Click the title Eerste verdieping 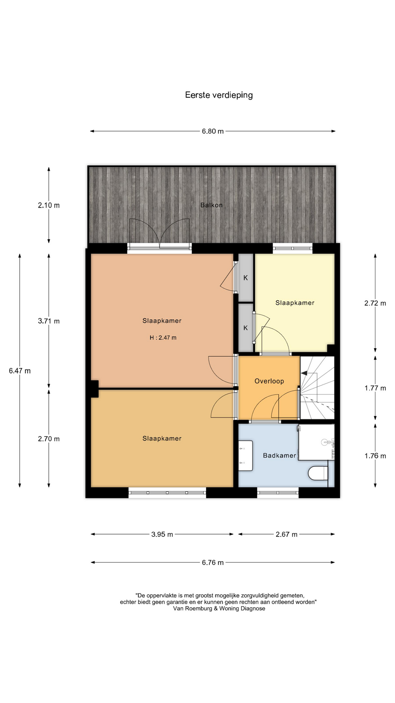click(219, 95)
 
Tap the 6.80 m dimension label click(212, 131)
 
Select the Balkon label click(211, 205)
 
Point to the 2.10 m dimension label click(49, 205)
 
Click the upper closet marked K click(246, 278)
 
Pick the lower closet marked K click(246, 328)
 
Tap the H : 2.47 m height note click(163, 338)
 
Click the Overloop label click(269, 381)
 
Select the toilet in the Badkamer click(318, 472)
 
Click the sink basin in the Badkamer click(246, 455)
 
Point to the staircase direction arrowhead click(304, 373)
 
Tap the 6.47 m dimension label click(20, 371)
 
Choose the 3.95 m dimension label click(162, 534)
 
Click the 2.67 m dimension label click(286, 534)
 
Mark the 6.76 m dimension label click(212, 562)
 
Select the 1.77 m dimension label click(375, 388)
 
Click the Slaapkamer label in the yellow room click(295, 303)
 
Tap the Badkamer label click(279, 455)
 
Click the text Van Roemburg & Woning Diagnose click(219, 608)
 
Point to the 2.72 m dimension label click(375, 303)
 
